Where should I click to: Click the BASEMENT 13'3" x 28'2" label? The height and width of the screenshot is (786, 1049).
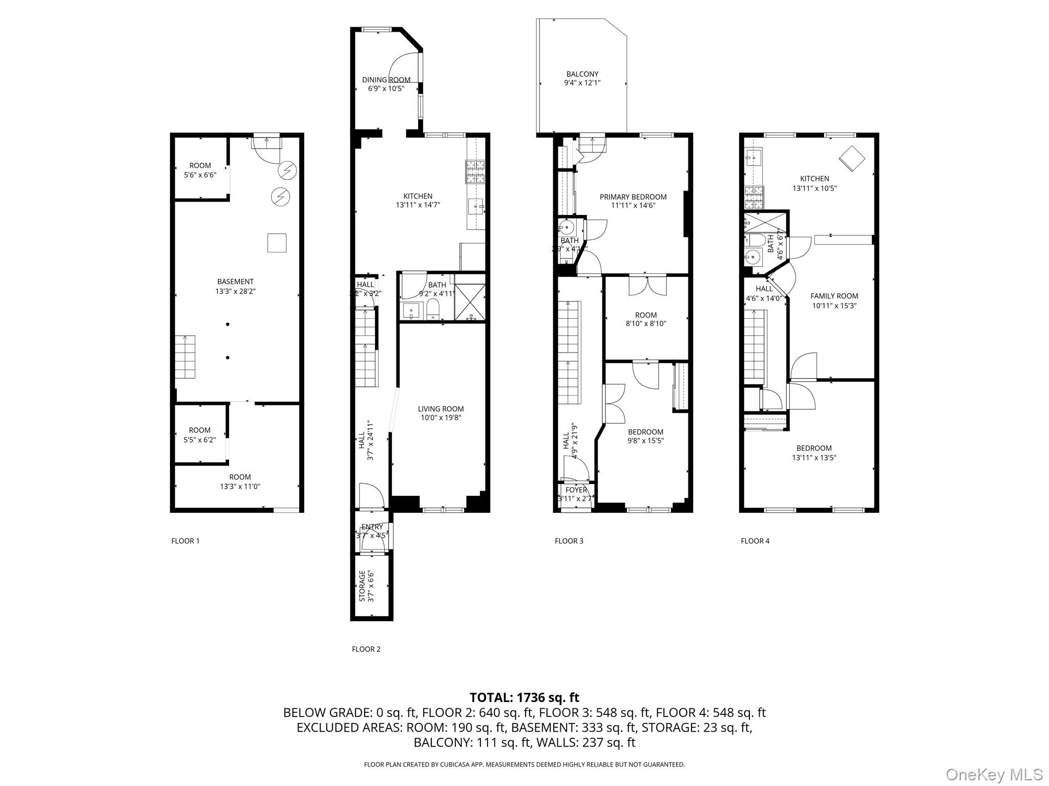point(235,286)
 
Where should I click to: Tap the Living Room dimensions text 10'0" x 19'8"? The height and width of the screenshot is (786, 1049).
point(440,418)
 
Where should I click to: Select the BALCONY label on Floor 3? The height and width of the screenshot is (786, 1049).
point(582,74)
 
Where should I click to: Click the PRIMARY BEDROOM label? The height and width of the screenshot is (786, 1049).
point(633,197)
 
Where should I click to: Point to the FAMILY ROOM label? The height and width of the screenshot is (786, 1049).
point(834,296)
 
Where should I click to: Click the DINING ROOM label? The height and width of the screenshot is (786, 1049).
point(386,80)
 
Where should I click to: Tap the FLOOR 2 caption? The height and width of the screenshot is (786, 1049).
point(366,649)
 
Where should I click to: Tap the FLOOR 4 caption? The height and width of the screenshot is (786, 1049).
point(755,541)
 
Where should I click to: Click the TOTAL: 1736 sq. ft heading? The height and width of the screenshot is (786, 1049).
point(524,697)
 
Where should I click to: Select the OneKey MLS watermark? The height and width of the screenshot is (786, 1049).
point(994,774)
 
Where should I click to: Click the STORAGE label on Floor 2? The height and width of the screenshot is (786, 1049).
point(362,586)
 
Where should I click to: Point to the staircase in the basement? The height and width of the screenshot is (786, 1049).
point(185,357)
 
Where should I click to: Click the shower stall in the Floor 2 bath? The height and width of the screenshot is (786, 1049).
point(470,297)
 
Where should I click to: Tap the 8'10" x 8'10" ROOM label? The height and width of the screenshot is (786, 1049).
point(645,319)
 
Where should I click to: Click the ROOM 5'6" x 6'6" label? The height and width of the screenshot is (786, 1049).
point(200,170)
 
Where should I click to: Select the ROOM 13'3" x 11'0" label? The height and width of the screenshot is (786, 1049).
point(240,482)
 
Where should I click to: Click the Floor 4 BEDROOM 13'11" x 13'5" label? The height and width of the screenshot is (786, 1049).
point(814,453)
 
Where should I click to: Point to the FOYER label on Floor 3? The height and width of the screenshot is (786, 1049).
point(576,490)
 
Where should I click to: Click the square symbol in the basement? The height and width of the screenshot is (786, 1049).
point(277,243)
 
